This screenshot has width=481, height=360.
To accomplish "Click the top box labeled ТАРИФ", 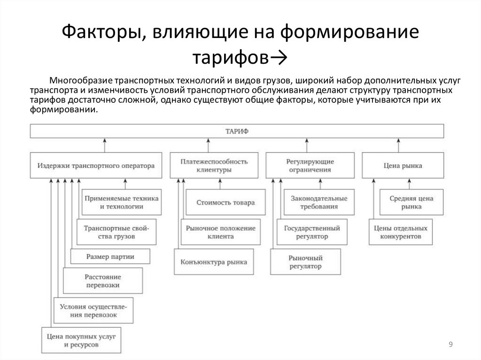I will pos(237,131).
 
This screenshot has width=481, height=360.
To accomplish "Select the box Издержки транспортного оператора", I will pos(96,165).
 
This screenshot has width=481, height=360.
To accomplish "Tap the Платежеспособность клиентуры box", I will pos(214,165).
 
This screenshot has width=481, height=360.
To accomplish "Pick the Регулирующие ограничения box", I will pos(310,165).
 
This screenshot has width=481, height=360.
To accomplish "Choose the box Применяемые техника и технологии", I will pos(121,202).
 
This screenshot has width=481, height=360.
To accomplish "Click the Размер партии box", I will pos(110,256).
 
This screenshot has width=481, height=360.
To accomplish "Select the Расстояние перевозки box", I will pos(102,281).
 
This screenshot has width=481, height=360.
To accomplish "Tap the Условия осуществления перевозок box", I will pos(93,310).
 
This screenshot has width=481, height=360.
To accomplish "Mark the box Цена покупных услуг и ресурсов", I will pos(81,340).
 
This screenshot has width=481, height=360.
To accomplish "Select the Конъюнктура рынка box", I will pos(214,262).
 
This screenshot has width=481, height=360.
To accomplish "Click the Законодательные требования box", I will pos(319,202).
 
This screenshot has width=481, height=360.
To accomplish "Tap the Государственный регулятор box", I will pos(312,232).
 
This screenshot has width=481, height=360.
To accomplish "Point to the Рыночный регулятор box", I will pos(305,262).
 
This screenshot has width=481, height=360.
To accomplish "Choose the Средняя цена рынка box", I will pos(411,202).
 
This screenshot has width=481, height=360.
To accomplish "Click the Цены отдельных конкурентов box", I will pos(400,232).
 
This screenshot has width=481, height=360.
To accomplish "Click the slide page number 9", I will pos(450,345).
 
